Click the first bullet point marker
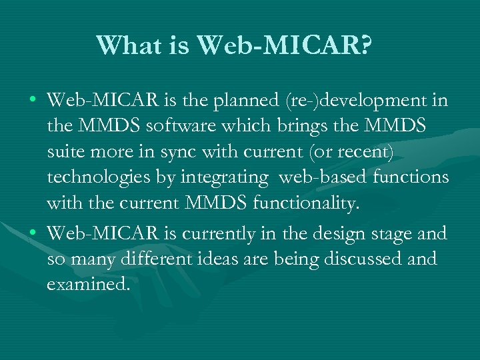pos(33,102)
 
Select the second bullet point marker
pos(33,234)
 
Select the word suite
pos(65,152)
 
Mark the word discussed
pos(363,259)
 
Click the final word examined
pos(87,284)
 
